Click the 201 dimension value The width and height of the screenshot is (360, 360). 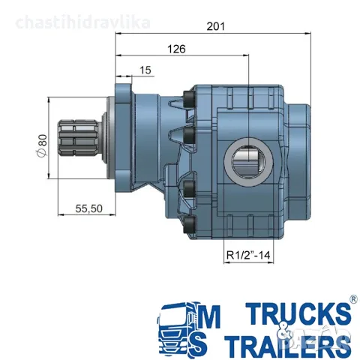[215, 26]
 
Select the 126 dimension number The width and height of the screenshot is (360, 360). [176, 49]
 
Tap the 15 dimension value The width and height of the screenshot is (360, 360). [145, 70]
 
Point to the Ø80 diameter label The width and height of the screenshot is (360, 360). [42, 145]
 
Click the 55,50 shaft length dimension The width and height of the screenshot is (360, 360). [89, 208]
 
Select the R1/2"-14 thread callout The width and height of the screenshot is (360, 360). [248, 255]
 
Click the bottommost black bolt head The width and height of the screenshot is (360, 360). [189, 225]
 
